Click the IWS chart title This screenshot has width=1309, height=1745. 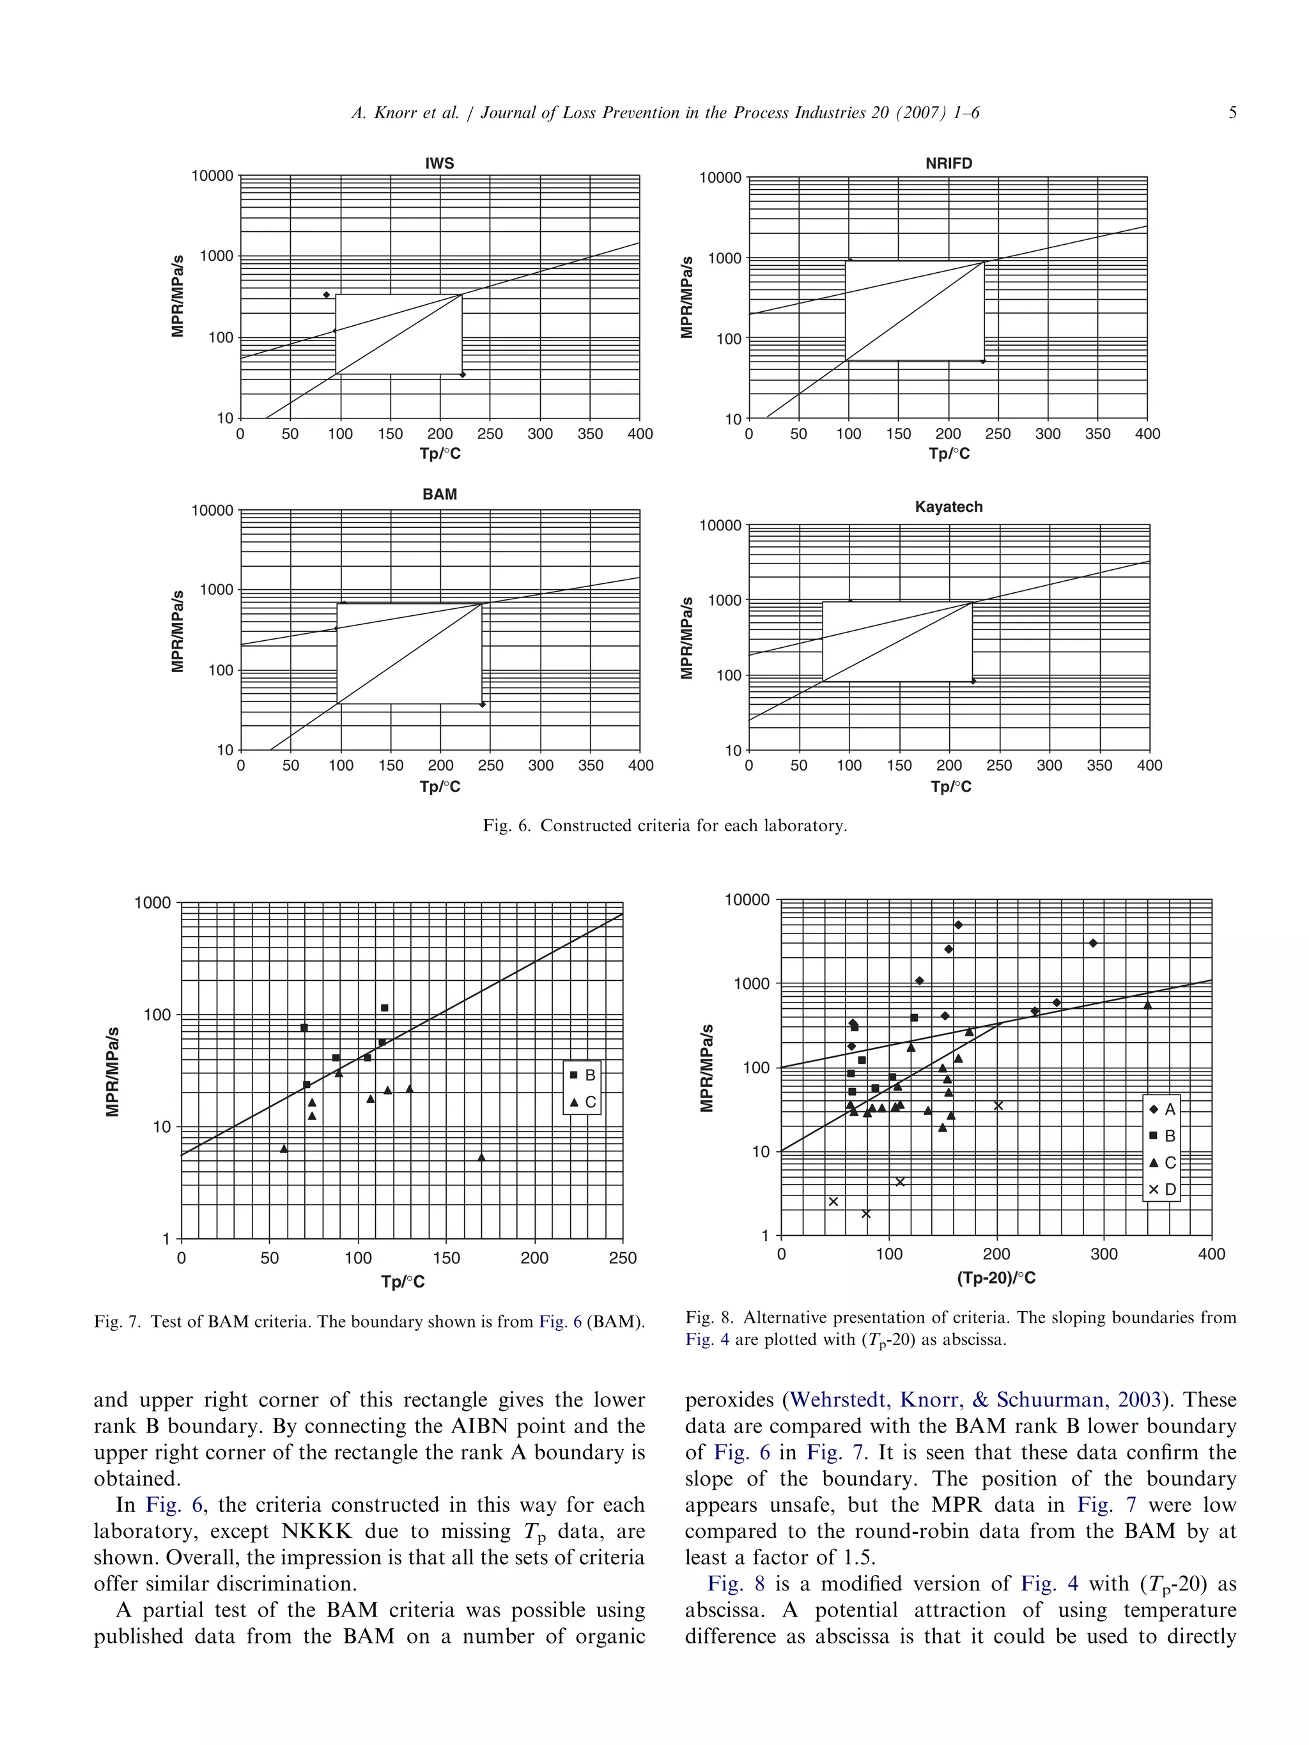[x=440, y=164]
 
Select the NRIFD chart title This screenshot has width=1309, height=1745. [x=949, y=164]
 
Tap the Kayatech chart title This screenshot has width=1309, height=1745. [x=949, y=507]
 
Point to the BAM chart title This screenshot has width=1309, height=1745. [x=440, y=494]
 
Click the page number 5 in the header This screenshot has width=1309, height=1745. [x=1232, y=113]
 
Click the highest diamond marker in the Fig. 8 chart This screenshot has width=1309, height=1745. [x=958, y=925]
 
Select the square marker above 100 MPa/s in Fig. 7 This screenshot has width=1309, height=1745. [x=384, y=1008]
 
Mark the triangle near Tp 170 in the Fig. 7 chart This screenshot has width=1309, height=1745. [x=481, y=1157]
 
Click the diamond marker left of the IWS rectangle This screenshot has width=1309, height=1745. [x=326, y=295]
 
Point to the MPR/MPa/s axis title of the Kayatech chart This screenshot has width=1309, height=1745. [x=686, y=638]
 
